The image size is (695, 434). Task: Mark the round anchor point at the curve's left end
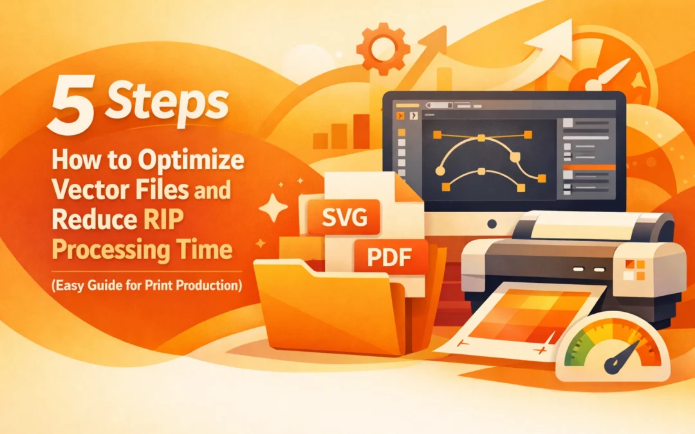(440, 171)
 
